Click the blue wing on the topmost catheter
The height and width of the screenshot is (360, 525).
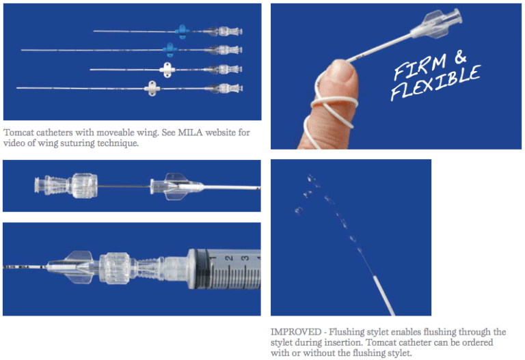coord(181,30)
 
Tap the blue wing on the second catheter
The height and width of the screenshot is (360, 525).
coord(170,49)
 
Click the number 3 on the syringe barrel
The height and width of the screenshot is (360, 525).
coord(245,258)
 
